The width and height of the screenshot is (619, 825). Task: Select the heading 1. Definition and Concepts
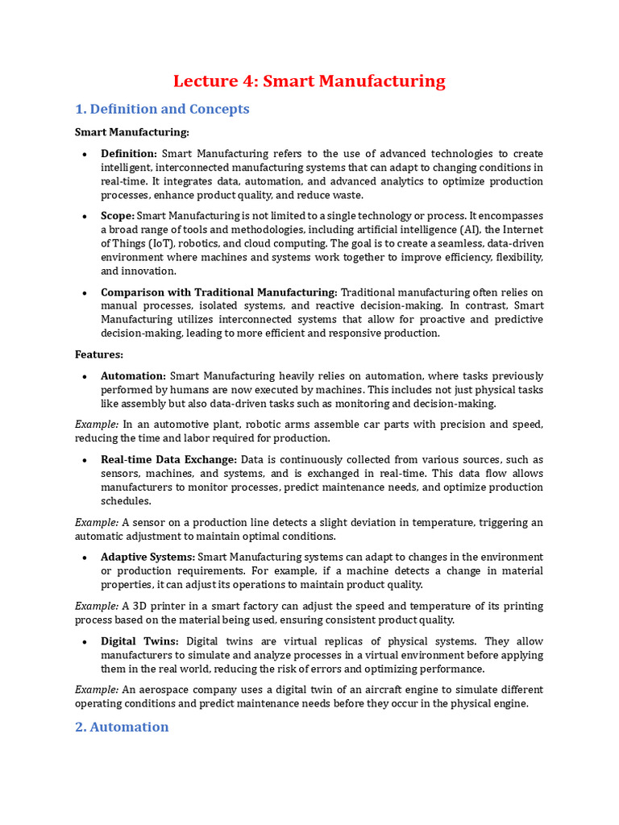[x=162, y=109]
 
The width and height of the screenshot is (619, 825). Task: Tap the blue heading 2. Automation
[x=122, y=727]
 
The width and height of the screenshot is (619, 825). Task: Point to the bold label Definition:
[x=129, y=153]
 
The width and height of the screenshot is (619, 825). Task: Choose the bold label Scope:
[x=118, y=216]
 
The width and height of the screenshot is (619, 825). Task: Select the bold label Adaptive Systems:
[x=147, y=557]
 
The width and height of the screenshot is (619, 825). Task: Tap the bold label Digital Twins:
[x=140, y=641]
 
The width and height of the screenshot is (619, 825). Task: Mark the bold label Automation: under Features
[x=133, y=375]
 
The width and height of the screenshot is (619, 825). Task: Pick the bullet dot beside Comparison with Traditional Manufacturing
[x=85, y=292]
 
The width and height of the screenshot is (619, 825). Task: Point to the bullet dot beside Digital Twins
[x=85, y=641]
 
